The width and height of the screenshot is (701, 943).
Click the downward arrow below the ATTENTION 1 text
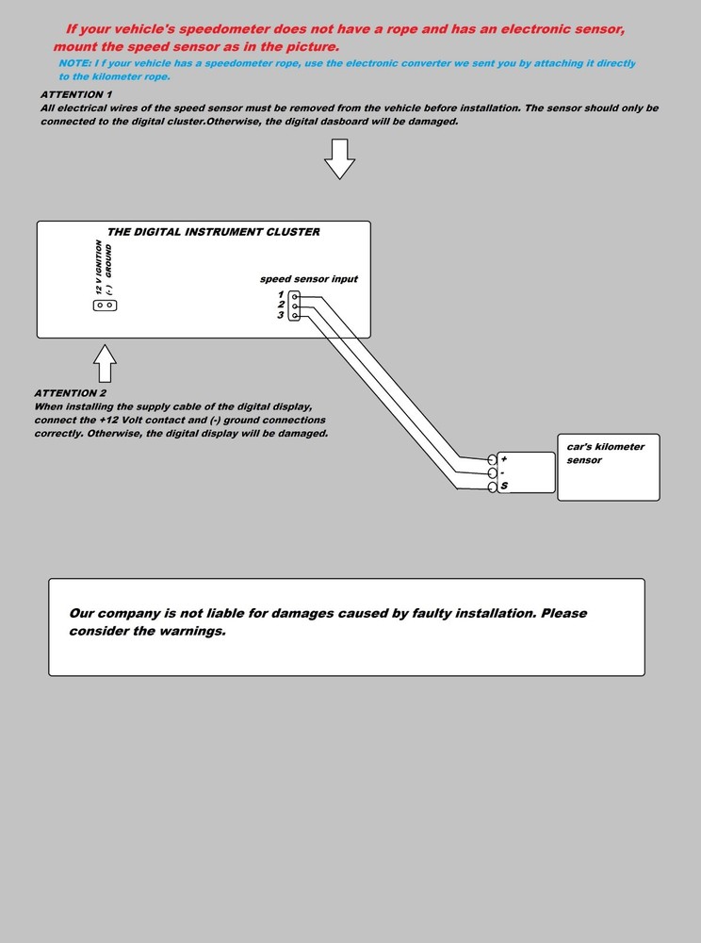tap(339, 157)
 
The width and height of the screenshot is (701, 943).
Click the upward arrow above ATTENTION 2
tap(106, 362)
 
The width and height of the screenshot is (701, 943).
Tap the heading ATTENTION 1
tap(76, 95)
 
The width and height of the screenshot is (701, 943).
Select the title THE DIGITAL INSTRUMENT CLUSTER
tap(214, 232)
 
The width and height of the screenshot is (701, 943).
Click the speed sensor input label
tap(309, 279)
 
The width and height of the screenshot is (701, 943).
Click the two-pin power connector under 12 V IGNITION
tap(105, 306)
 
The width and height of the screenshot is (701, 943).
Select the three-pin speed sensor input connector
tap(295, 305)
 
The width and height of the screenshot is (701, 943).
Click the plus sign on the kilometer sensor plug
tap(504, 459)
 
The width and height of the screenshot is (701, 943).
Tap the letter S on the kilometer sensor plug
tap(505, 487)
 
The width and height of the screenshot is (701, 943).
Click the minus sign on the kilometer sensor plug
tap(503, 472)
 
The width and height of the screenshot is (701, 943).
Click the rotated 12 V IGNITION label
tap(99, 267)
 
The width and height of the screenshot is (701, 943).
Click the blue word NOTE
tap(73, 63)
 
